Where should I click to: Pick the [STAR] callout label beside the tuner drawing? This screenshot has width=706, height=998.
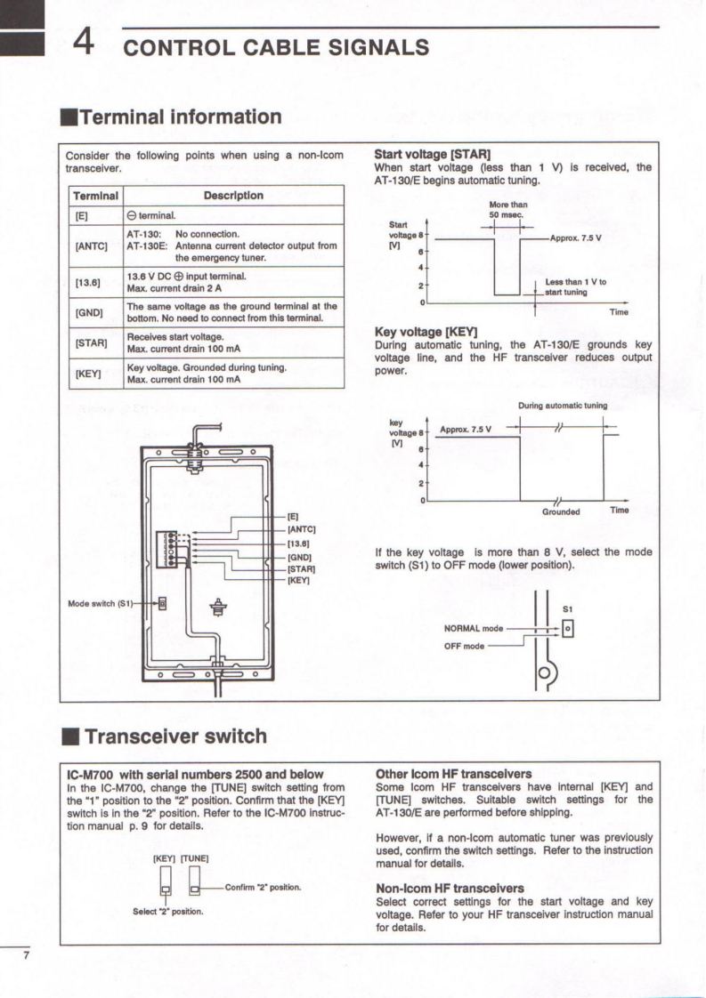point(300,568)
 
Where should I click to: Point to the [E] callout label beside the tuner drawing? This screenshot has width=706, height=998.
point(293,517)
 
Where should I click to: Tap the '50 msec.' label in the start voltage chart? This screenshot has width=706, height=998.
point(507,214)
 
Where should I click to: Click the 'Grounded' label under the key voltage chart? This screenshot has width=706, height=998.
point(561,512)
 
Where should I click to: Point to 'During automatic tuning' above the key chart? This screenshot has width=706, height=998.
point(563,406)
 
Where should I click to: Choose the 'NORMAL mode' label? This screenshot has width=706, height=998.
point(473,628)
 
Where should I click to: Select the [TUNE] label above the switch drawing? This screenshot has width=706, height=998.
point(194,858)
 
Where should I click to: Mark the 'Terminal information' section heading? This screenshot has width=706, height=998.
point(179,117)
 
